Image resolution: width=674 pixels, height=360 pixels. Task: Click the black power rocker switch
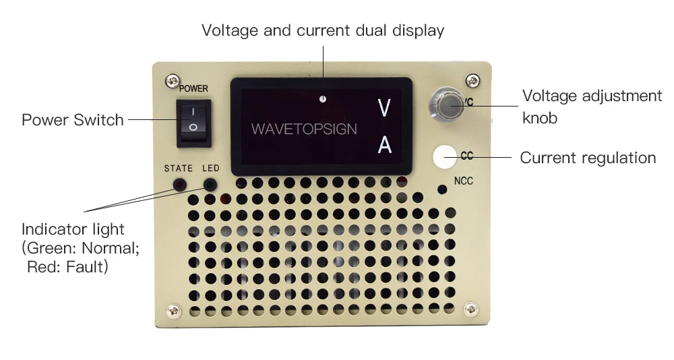point(193,123)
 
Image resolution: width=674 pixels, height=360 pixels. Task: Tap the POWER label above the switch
point(193,88)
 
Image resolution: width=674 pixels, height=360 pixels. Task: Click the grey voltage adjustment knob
point(446,104)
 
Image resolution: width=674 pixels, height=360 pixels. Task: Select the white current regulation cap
point(444,157)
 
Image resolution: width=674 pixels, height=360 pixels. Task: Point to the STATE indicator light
point(179,186)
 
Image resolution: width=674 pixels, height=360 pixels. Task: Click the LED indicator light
point(210,186)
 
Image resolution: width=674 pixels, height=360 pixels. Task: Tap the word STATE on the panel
point(179,169)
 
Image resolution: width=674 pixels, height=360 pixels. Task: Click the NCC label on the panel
point(464,181)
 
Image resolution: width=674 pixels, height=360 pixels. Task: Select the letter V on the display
point(384,108)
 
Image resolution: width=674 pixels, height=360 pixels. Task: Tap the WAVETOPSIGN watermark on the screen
point(304,129)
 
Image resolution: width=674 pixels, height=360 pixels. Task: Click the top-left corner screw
point(173,80)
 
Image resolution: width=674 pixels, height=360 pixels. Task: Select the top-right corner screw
point(473,80)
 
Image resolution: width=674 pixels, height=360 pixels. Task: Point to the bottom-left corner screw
point(174,311)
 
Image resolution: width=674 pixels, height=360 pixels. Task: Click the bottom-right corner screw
point(471,309)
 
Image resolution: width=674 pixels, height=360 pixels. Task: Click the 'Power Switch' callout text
point(73,120)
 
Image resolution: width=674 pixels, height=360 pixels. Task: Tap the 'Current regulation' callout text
point(588,158)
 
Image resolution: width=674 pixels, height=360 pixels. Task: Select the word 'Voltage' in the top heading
point(229,30)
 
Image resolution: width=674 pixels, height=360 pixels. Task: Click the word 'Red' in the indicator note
point(44,267)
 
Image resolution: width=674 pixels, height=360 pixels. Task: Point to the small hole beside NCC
point(442,189)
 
